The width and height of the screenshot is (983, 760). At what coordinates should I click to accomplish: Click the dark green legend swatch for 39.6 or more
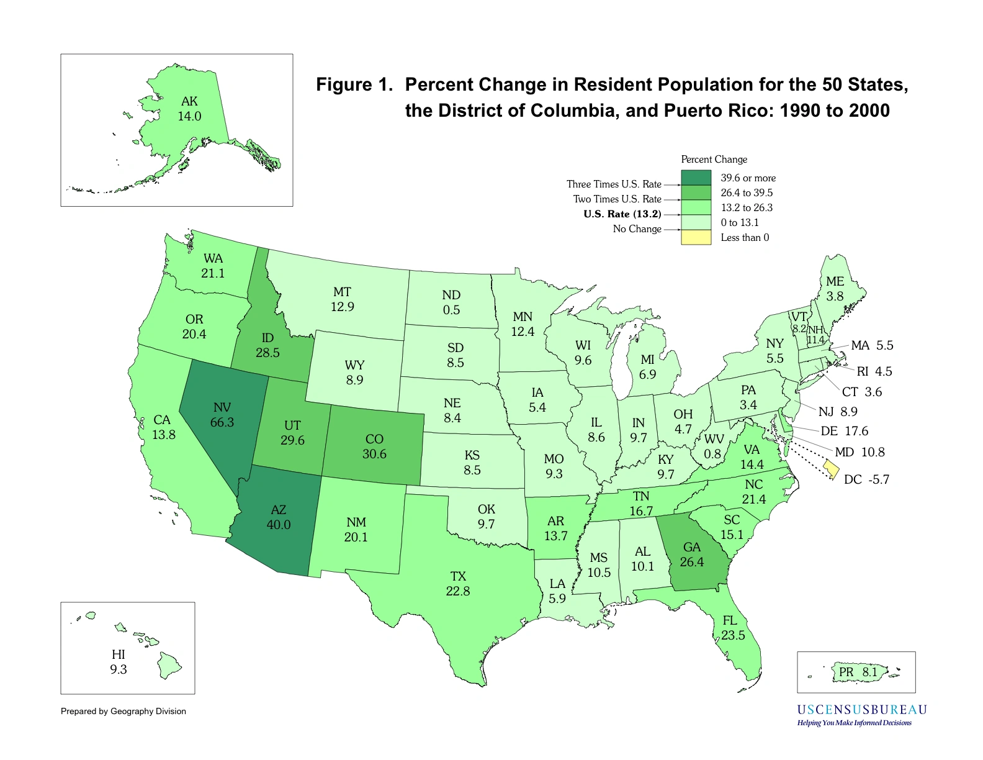point(696,178)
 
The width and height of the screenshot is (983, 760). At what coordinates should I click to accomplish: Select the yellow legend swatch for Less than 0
point(696,237)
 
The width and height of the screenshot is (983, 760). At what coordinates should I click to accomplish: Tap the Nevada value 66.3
point(222,422)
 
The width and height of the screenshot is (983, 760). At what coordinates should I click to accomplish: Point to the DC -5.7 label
point(866,479)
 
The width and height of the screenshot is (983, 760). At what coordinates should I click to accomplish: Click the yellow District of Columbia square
point(832,469)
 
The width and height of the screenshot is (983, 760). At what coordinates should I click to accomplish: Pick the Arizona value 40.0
point(279,525)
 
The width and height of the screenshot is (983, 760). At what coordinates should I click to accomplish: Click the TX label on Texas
point(458,576)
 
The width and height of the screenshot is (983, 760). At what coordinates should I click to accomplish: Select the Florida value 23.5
point(733,635)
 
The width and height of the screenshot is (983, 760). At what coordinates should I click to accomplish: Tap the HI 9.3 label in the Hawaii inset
point(119,662)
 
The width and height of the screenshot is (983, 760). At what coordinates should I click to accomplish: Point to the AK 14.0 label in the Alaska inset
point(189,109)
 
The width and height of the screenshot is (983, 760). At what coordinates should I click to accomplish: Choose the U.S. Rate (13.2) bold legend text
point(622,214)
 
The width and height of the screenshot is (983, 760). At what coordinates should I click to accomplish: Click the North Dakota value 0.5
point(451,310)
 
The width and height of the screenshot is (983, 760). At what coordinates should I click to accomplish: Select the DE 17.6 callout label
point(844,431)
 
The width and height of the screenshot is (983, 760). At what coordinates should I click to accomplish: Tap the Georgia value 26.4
point(691,562)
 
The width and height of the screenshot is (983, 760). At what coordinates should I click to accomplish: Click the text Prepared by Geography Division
point(123,712)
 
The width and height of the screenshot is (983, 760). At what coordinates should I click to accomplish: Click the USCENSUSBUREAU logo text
point(861,710)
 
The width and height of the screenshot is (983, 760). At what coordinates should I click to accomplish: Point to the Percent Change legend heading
point(714,160)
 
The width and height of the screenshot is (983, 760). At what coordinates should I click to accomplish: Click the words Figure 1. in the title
point(354,85)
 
